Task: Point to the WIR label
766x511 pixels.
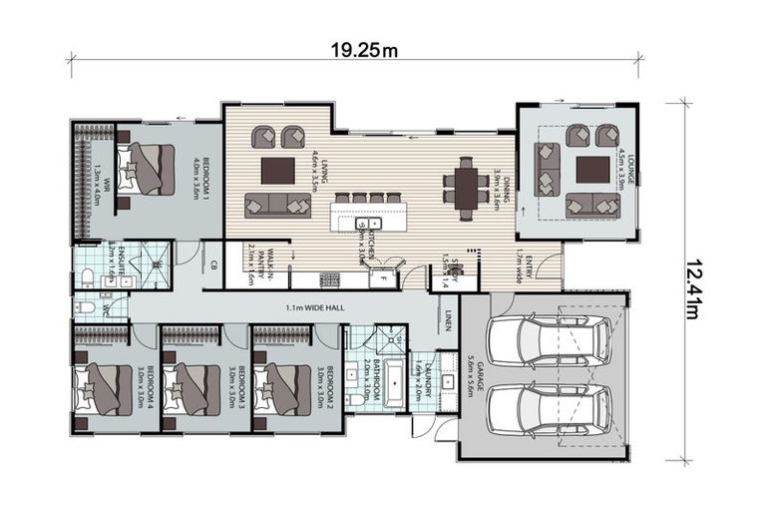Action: click(x=97, y=183)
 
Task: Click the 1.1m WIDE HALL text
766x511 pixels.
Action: click(x=314, y=307)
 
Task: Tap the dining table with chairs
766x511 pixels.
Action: click(x=465, y=185)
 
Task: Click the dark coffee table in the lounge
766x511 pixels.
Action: click(x=591, y=170)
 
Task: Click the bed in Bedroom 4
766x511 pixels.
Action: click(x=103, y=388)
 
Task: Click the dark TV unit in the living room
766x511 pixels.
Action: click(x=277, y=170)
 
